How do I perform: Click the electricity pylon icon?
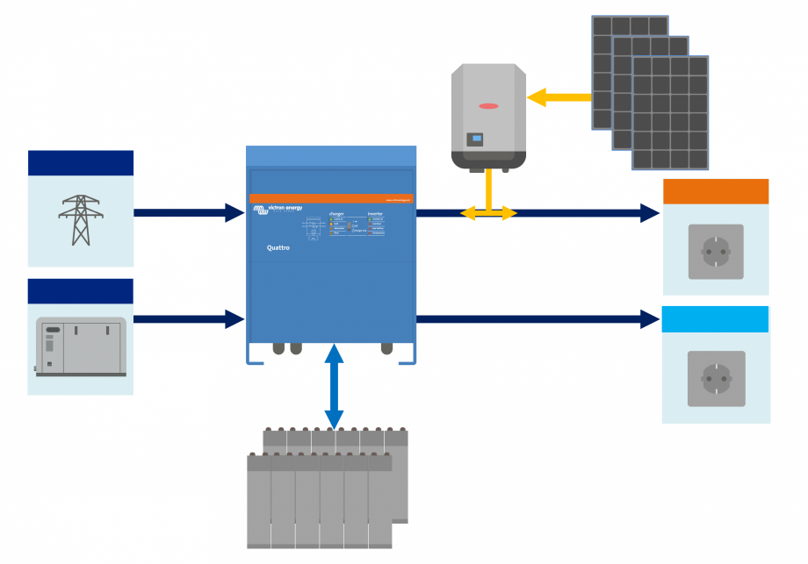[80, 220]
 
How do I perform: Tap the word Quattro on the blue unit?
[278, 248]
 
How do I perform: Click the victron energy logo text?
[284, 208]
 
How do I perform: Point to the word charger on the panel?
[336, 213]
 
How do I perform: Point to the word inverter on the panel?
[375, 213]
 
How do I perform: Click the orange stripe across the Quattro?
[330, 198]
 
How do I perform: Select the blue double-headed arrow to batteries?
[334, 387]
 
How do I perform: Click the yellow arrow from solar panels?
[558, 97]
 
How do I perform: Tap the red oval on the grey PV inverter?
[488, 106]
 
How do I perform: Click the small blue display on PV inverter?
[475, 138]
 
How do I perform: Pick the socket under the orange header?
[716, 252]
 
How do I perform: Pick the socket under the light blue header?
[716, 379]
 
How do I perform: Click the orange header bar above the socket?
[716, 191]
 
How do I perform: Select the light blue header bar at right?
[716, 319]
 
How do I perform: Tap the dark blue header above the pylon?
[81, 163]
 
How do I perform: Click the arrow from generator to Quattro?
[188, 319]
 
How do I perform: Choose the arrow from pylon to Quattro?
[188, 212]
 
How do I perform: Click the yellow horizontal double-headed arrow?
[489, 212]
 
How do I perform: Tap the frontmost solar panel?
[670, 112]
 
